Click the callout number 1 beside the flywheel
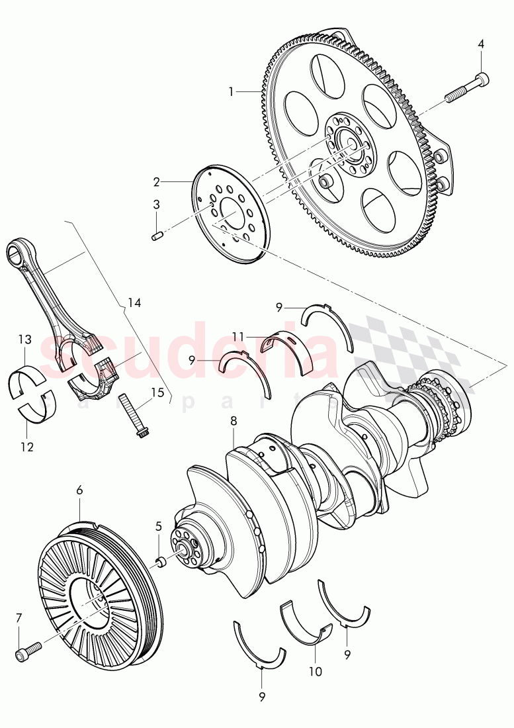pyautogui.click(x=231, y=91)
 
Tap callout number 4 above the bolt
pyautogui.click(x=481, y=44)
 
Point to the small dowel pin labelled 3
pyautogui.click(x=157, y=235)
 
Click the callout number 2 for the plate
pyautogui.click(x=157, y=181)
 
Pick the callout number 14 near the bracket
pyautogui.click(x=134, y=302)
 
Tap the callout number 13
pyautogui.click(x=24, y=340)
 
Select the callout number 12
pyautogui.click(x=26, y=446)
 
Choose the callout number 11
pyautogui.click(x=239, y=336)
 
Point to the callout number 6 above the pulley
pyautogui.click(x=79, y=490)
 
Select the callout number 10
pyautogui.click(x=315, y=671)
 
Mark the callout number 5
pyautogui.click(x=158, y=526)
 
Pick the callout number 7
pyautogui.click(x=19, y=618)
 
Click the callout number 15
pyautogui.click(x=157, y=392)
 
